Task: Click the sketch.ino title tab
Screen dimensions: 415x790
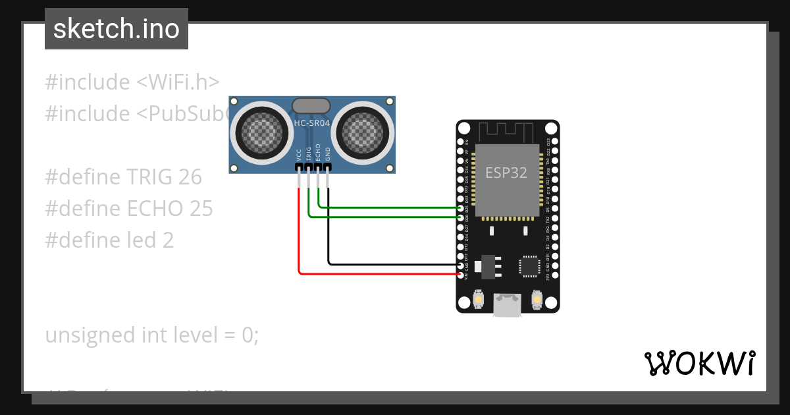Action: tap(116, 29)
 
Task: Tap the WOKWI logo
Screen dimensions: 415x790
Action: tap(698, 363)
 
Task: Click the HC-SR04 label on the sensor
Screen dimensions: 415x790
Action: tap(311, 123)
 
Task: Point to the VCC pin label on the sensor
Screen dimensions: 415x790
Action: tap(300, 155)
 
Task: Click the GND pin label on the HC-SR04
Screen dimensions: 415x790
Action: tap(328, 154)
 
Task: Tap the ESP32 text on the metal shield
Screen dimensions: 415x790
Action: tap(506, 173)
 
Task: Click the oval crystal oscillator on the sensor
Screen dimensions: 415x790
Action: tap(311, 105)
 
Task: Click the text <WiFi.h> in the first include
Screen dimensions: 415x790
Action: tap(178, 82)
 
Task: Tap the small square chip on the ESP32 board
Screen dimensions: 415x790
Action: tap(529, 265)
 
